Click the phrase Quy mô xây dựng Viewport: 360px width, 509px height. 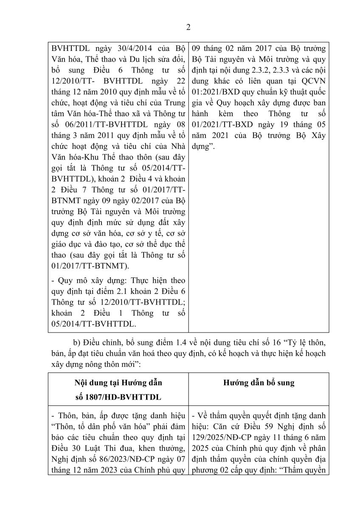(x=83, y=280)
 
